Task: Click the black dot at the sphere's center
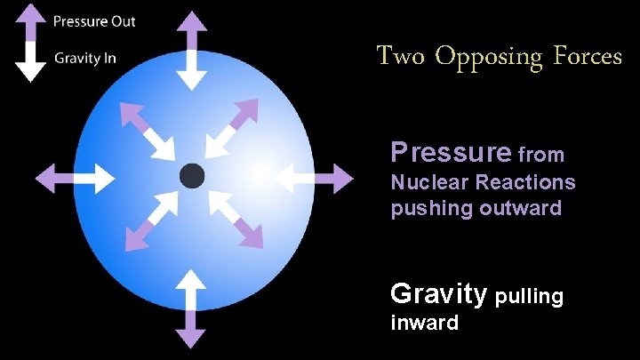(191, 175)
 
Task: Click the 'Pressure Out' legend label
(95, 20)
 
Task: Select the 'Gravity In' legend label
(84, 59)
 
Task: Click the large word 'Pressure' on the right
(450, 154)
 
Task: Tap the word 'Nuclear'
(430, 182)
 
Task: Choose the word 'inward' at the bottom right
(425, 323)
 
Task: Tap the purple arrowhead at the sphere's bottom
(190, 338)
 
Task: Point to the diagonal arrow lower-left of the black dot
(149, 222)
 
